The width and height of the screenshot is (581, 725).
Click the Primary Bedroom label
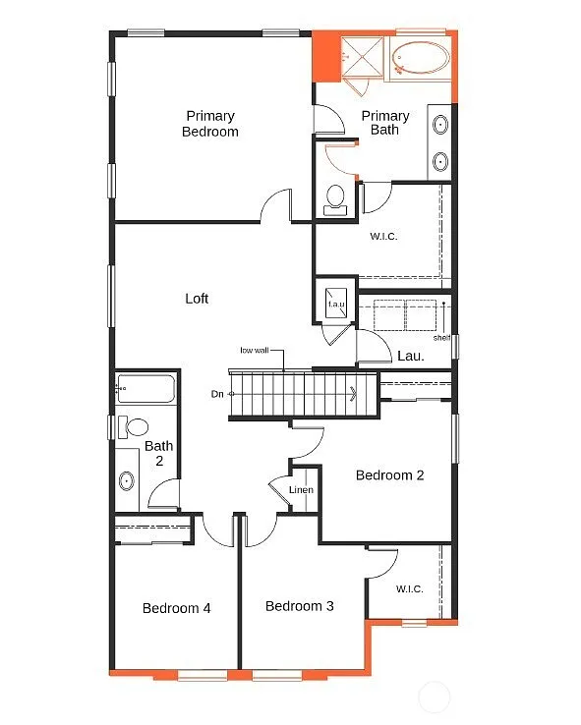point(209,124)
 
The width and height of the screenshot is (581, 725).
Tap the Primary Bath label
point(384,123)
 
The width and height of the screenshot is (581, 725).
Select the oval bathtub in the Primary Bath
point(420,59)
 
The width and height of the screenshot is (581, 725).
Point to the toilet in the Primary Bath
point(334,196)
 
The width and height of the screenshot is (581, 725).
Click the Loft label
point(197,299)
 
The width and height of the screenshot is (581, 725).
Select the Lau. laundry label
point(410,356)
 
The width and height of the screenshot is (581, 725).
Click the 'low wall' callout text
point(254,350)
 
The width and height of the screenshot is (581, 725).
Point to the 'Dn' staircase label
point(217,394)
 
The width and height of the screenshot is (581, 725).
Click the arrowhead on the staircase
point(352,395)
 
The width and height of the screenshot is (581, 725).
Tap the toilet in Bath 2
point(134,427)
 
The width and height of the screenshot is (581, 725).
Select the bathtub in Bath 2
point(145,390)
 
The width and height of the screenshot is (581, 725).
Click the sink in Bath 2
point(127,481)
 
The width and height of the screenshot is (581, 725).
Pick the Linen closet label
point(301,490)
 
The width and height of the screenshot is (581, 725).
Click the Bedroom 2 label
point(389,475)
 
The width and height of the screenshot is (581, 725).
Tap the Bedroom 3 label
point(299,606)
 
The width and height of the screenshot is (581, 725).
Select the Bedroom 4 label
point(176,608)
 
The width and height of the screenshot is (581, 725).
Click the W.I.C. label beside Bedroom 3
point(409,589)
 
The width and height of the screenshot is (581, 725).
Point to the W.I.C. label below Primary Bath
point(383,236)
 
